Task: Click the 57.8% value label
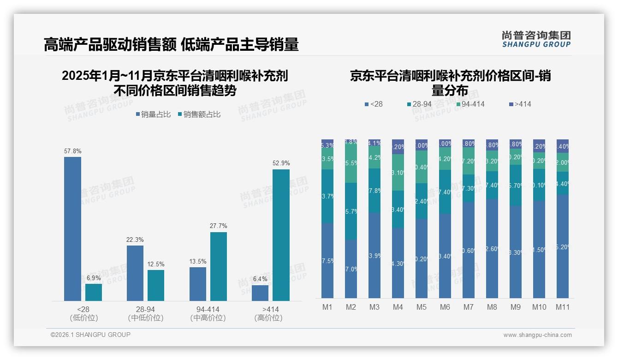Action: pyautogui.click(x=72, y=151)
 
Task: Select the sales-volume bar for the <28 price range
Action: pyautogui.click(x=72, y=228)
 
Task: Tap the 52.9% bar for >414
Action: pyautogui.click(x=281, y=235)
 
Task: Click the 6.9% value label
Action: pyautogui.click(x=94, y=278)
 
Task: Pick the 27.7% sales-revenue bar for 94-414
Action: pyautogui.click(x=219, y=266)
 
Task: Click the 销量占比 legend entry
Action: pyautogui.click(x=153, y=114)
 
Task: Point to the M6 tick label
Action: pyautogui.click(x=445, y=307)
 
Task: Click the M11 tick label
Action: pyautogui.click(x=562, y=307)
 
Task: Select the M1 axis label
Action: pyautogui.click(x=327, y=307)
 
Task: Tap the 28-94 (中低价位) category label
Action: pyautogui.click(x=146, y=313)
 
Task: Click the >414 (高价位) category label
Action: pyautogui.click(x=268, y=313)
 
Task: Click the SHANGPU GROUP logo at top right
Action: pyautogui.click(x=536, y=39)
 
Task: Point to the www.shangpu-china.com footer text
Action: pyautogui.click(x=537, y=335)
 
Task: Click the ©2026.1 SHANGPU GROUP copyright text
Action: pyautogui.click(x=90, y=335)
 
